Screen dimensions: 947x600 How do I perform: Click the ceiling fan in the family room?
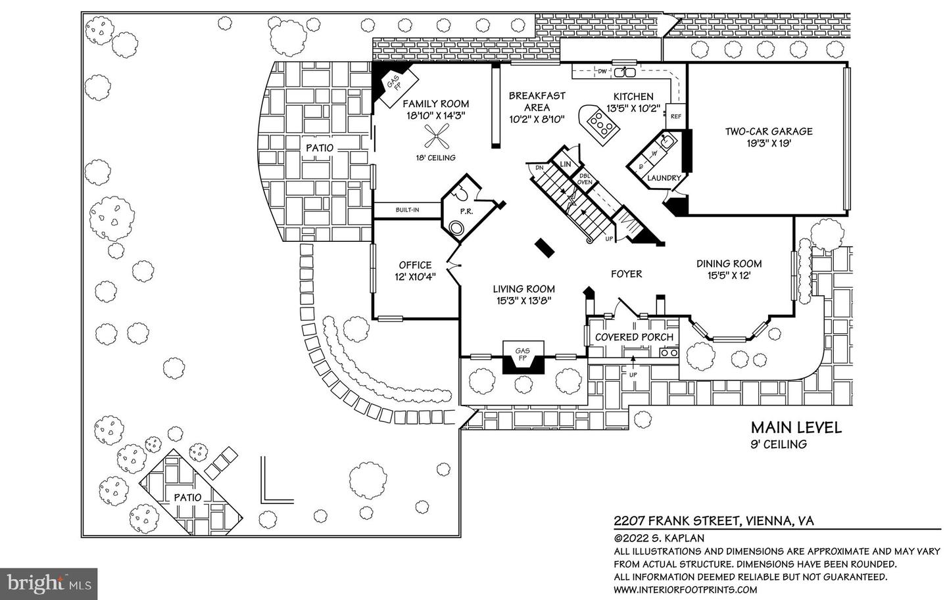[x=435, y=136]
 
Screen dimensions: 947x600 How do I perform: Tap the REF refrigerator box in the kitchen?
[x=675, y=116]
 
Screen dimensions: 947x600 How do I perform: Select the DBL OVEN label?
[x=585, y=179]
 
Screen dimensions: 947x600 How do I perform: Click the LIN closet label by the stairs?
[x=566, y=164]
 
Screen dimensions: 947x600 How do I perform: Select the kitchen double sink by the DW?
[x=625, y=72]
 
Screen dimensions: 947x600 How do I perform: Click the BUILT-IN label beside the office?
[x=407, y=210]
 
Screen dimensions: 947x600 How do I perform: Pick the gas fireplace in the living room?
[x=523, y=357]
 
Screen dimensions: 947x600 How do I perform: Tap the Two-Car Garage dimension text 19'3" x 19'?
[x=769, y=143]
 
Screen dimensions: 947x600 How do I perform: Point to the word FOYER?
[x=626, y=274]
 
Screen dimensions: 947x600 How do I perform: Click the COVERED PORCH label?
[x=634, y=337]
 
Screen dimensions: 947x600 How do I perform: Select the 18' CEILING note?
[x=435, y=158]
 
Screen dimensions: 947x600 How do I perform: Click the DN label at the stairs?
[x=539, y=168]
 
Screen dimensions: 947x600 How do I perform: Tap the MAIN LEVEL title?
[x=796, y=428]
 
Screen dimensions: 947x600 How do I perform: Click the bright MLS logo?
[x=49, y=584]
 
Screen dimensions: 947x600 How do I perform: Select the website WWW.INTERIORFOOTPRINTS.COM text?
[x=685, y=589]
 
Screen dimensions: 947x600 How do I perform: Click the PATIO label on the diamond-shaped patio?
[x=187, y=497]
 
